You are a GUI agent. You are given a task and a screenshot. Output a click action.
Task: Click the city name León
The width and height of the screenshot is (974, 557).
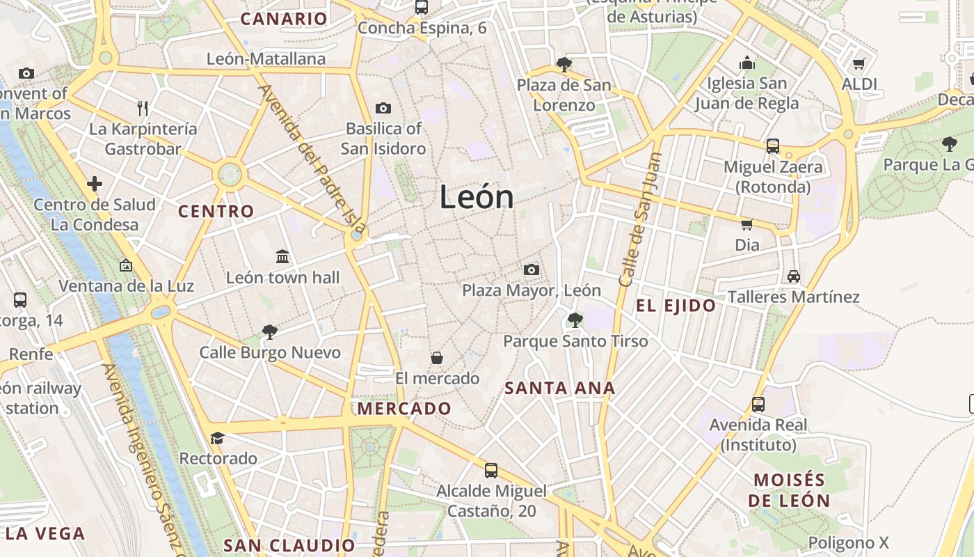click(x=477, y=197)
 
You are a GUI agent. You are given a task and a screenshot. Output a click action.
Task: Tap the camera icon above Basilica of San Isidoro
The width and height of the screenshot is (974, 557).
click(x=383, y=108)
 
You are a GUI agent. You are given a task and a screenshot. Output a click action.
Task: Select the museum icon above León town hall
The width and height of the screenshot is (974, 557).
click(x=282, y=256)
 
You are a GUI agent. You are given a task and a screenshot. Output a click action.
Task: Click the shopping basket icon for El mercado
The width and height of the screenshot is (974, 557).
click(x=437, y=358)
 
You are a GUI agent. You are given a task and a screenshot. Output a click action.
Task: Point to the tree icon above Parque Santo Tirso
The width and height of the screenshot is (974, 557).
click(x=575, y=320)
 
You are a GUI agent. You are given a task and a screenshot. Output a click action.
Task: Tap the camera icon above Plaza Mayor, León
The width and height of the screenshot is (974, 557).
click(x=532, y=269)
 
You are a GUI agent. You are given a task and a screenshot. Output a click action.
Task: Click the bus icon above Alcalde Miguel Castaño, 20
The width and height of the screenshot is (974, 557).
click(x=491, y=470)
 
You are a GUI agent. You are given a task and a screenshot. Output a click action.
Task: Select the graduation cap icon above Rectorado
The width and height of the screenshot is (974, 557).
click(x=218, y=438)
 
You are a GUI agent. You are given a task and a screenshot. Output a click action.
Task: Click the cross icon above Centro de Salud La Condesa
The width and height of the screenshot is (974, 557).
click(x=95, y=184)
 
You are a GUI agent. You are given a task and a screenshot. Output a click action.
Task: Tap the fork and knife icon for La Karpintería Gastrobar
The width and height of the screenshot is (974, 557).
click(x=143, y=108)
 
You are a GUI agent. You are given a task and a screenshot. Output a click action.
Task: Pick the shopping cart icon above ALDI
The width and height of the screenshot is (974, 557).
click(x=859, y=63)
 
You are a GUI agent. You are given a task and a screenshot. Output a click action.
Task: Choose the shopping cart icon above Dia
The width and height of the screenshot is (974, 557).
click(x=747, y=224)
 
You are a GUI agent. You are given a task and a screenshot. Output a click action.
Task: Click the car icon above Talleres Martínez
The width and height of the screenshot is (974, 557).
click(x=794, y=276)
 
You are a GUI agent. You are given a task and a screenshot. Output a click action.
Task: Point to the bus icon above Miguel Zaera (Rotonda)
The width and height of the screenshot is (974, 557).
click(x=773, y=146)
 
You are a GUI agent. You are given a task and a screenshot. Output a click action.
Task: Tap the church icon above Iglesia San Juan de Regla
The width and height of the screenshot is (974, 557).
click(x=747, y=63)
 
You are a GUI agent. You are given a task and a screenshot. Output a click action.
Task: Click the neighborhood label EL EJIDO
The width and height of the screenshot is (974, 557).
click(x=676, y=306)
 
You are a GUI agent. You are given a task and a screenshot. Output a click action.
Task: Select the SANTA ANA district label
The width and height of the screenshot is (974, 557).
click(x=560, y=389)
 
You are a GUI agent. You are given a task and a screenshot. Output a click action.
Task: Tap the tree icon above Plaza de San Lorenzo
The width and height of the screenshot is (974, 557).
click(x=564, y=65)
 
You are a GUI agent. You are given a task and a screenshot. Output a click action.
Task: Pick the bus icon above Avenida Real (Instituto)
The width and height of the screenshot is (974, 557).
click(x=758, y=404)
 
